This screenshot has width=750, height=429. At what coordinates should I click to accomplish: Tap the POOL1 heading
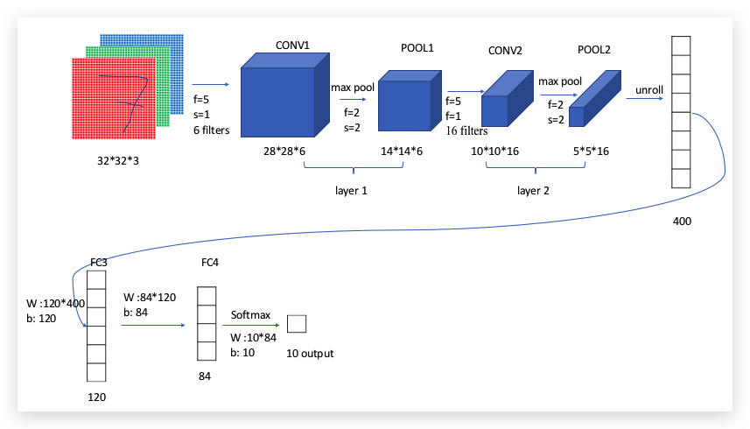(417, 47)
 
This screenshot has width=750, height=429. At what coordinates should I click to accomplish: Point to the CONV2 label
(505, 51)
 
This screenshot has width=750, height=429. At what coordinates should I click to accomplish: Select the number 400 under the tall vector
(682, 222)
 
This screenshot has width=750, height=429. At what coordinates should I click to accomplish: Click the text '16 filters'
(467, 130)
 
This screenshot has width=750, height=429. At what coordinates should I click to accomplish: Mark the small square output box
(297, 324)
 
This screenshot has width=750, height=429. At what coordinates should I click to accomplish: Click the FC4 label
(209, 263)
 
